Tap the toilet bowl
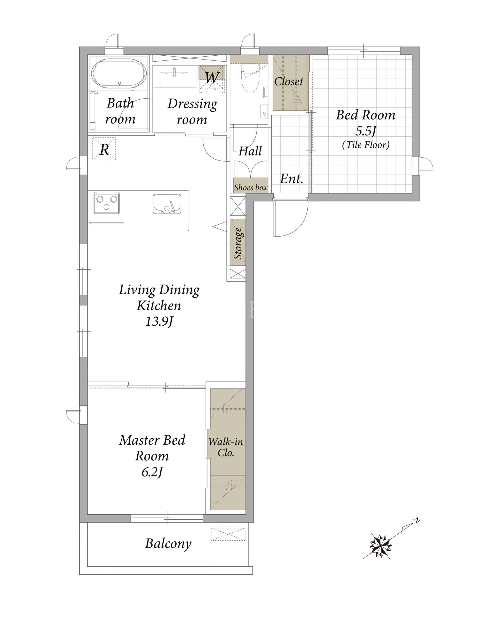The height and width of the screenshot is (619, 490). [251, 78]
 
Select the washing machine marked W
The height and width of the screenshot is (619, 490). [212, 79]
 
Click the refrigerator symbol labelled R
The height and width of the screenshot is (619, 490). [104, 148]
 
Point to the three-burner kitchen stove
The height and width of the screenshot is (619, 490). [106, 203]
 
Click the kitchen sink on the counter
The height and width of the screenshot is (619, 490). [167, 204]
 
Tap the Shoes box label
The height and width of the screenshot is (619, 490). [251, 188]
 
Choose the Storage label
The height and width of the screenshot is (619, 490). [238, 243]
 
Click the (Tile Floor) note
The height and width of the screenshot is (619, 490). [366, 145]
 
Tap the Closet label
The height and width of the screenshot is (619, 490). [289, 81]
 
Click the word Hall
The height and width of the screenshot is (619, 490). [250, 151]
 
